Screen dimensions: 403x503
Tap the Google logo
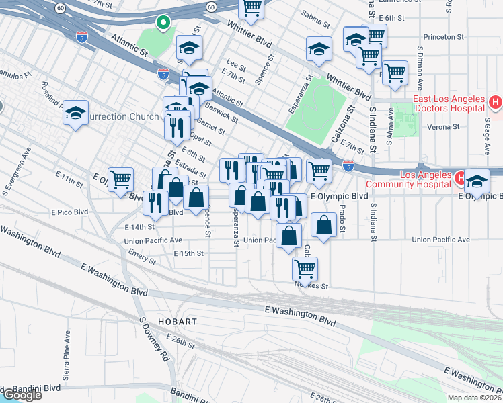(x=22, y=394)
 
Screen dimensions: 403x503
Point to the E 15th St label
(x=188, y=253)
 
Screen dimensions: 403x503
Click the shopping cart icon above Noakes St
(x=305, y=268)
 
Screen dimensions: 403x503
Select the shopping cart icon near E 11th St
(x=120, y=179)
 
